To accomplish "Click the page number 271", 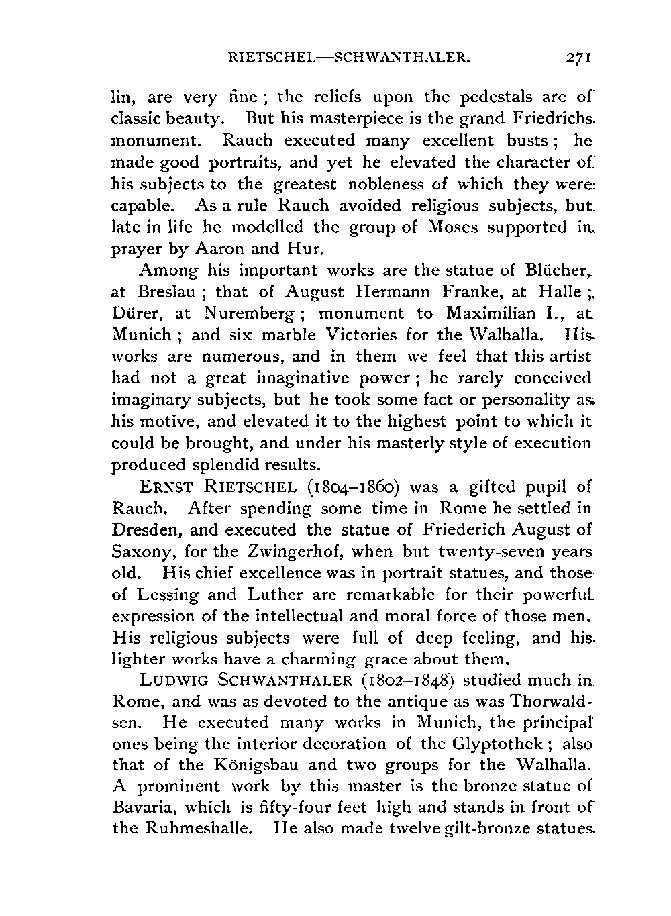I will [x=578, y=58].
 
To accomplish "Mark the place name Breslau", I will [x=170, y=292].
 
